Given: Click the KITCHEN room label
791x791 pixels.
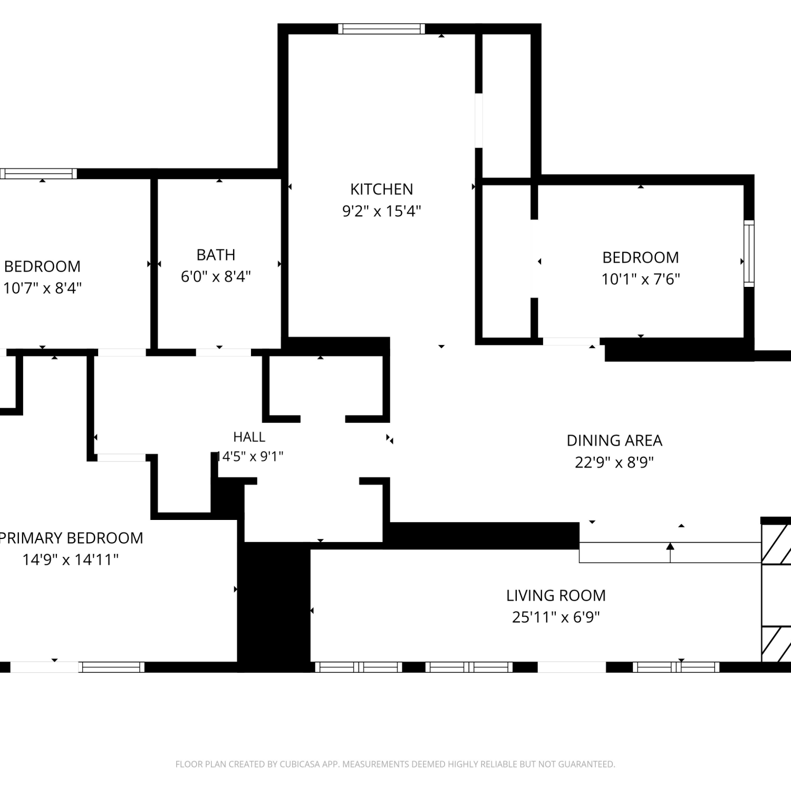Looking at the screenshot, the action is tap(382, 189).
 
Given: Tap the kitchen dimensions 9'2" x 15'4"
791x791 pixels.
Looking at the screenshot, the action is tap(382, 211).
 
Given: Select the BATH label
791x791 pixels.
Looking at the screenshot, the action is tap(216, 255).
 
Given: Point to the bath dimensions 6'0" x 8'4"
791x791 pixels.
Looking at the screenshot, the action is tap(216, 276).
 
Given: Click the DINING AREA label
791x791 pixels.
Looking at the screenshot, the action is tap(614, 440).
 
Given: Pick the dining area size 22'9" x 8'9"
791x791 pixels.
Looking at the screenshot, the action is tap(614, 462).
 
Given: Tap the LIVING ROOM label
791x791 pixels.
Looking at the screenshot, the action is tap(556, 595).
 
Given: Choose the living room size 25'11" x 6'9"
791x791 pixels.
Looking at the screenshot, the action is tap(556, 617).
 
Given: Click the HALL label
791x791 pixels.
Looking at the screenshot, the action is tap(249, 437).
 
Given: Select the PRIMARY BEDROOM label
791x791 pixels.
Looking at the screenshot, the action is tap(71, 538).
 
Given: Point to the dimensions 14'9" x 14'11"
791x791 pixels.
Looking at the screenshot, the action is tap(70, 560).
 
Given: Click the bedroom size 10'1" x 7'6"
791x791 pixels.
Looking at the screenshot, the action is tap(641, 279).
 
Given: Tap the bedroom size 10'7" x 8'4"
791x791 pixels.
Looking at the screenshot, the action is tap(42, 288).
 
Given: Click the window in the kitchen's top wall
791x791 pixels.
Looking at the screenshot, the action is tap(381, 28).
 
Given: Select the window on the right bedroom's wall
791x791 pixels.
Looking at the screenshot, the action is tap(749, 254).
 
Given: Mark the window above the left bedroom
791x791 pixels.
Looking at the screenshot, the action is tap(38, 173).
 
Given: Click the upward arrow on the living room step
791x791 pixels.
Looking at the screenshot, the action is tap(670, 553).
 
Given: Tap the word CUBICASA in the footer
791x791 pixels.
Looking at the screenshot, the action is tap(300, 764).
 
